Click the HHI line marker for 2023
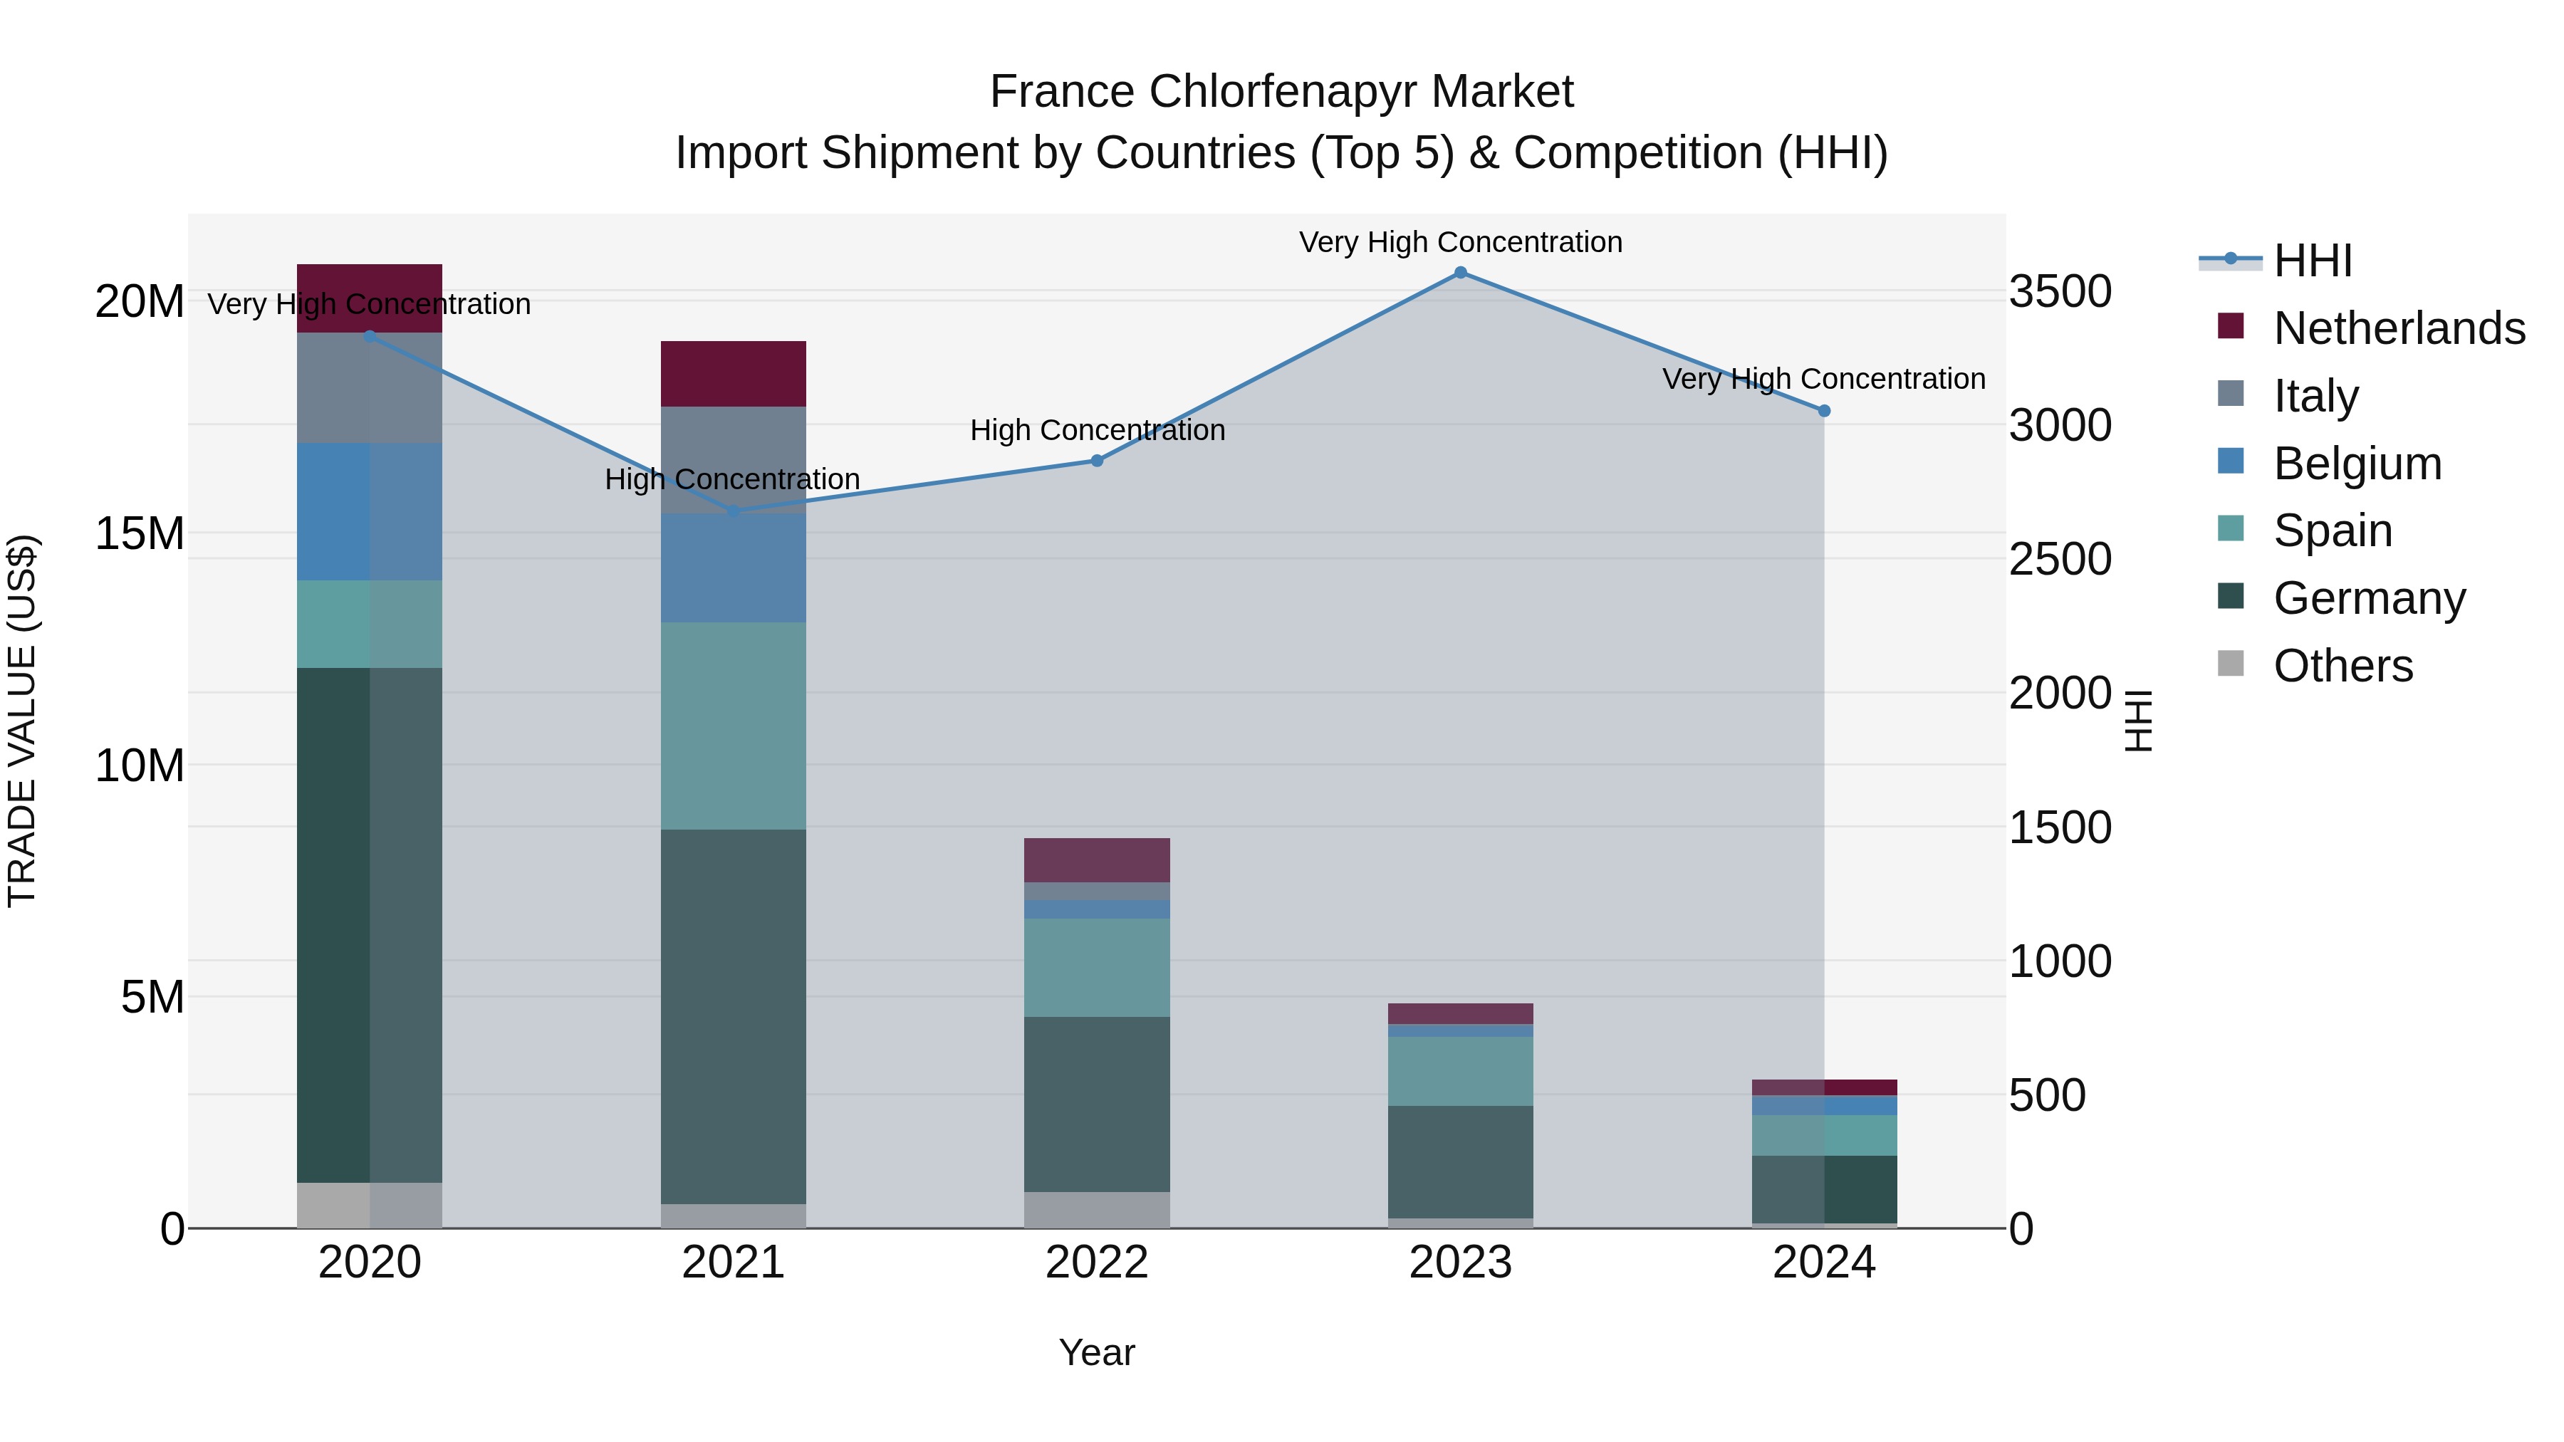pos(1460,273)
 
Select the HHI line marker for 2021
pos(734,511)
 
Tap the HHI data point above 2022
pos(1097,461)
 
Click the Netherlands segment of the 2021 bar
pos(734,374)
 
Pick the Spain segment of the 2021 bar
pos(734,726)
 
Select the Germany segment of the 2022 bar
pos(1097,1104)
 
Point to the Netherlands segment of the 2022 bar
pos(1097,860)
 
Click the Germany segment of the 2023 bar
pos(1460,1161)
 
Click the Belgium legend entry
pos(2357,463)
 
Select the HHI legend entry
pos(2312,261)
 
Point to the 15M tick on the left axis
pos(140,533)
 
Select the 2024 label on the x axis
pos(1823,1263)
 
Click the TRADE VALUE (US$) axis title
pos(23,721)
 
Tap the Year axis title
pos(1096,1352)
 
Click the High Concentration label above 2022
pos(1097,430)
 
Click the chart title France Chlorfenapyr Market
pos(1281,92)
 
